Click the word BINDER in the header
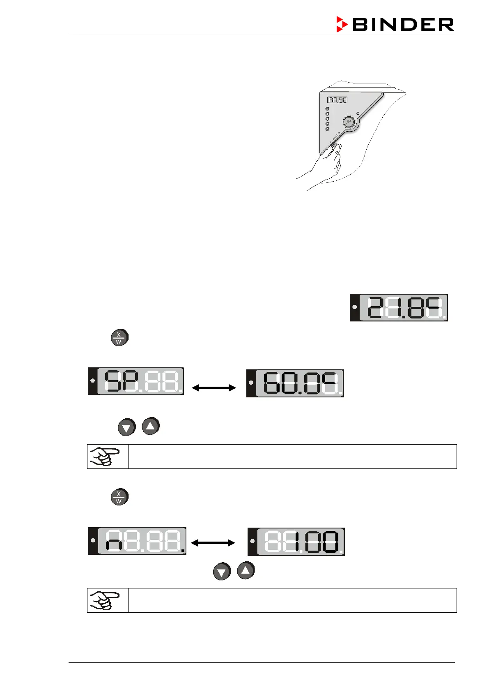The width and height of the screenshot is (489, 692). tap(403, 25)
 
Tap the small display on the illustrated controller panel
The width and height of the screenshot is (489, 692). tap(337, 100)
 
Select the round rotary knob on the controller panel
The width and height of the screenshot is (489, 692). tap(349, 122)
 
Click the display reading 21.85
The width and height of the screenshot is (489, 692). tap(399, 307)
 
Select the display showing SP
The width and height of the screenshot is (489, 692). tap(136, 381)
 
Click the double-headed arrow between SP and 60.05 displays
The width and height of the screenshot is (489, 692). tap(214, 388)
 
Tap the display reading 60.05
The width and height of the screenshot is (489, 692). tap(295, 383)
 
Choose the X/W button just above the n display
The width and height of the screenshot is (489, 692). tap(119, 497)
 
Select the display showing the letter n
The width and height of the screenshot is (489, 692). tap(137, 541)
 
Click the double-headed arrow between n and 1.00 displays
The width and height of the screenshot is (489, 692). tap(213, 543)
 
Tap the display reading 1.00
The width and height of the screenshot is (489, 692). tap(296, 542)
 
